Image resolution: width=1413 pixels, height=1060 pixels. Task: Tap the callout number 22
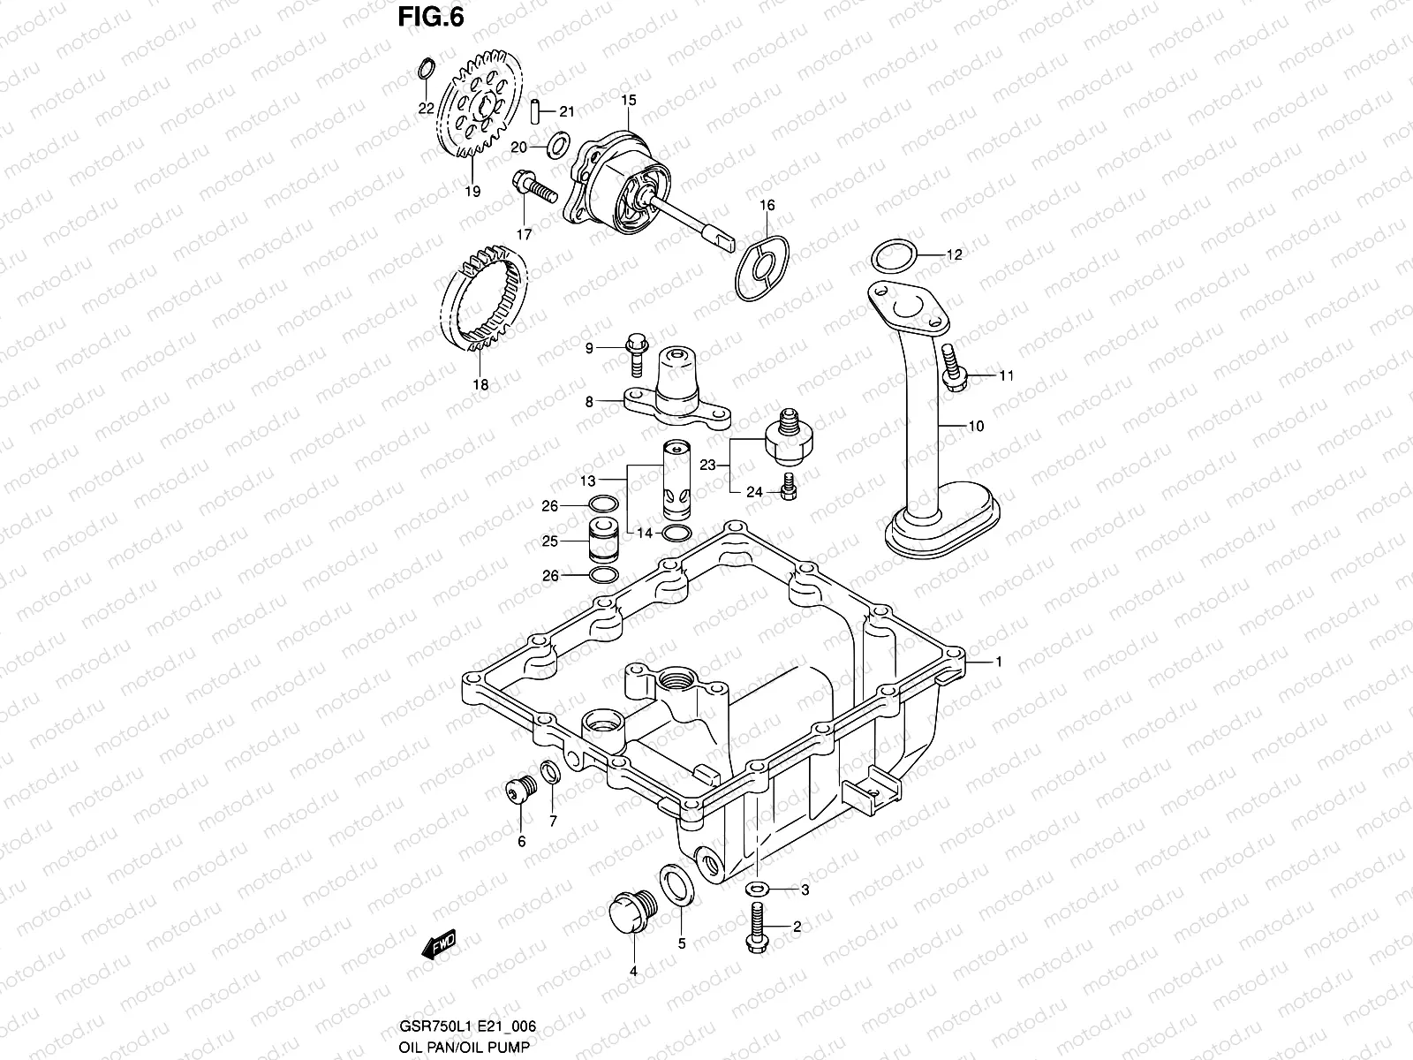coord(426,109)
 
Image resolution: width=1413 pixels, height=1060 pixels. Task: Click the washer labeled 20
coord(558,144)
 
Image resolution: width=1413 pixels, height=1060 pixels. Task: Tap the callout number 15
coord(628,101)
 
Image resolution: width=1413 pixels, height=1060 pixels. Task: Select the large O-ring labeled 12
coord(892,257)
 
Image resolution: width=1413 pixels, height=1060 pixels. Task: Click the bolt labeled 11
coord(954,367)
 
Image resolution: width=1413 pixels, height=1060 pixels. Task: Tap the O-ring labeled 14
coord(675,533)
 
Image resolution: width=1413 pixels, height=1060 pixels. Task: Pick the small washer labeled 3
coord(756,889)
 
